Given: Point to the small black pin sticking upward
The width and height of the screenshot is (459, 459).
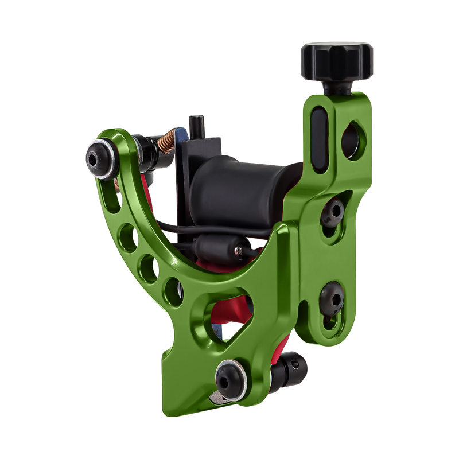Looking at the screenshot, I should pyautogui.click(x=195, y=125).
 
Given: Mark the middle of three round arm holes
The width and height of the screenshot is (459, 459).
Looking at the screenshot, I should pyautogui.click(x=146, y=264).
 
